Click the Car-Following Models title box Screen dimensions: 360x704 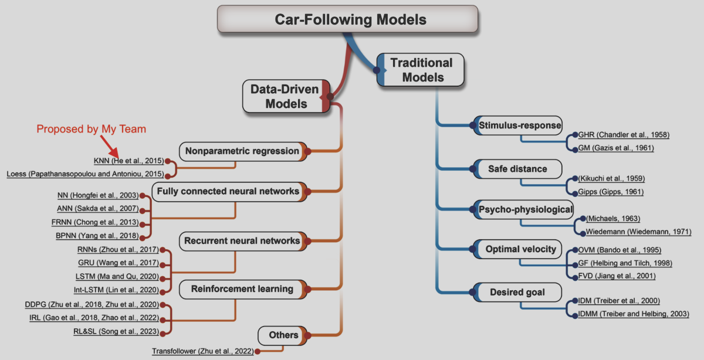(x=351, y=20)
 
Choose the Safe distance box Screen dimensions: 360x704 (x=517, y=169)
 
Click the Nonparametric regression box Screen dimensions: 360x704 (x=242, y=151)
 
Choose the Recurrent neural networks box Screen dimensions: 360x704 (x=242, y=240)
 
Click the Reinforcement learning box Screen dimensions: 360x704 (x=242, y=288)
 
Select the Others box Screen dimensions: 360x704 (x=283, y=335)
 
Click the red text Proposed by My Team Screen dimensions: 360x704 (x=91, y=129)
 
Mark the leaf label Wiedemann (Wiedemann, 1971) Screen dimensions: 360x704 (x=632, y=232)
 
